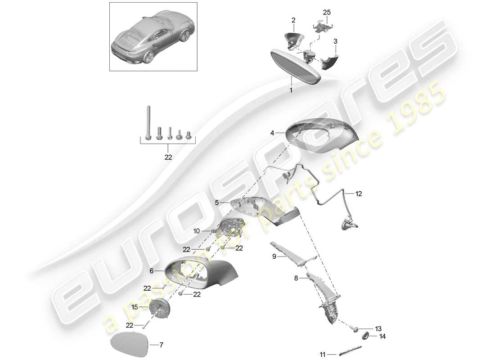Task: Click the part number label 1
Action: (291, 90)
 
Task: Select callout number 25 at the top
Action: (327, 11)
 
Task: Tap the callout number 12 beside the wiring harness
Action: (358, 194)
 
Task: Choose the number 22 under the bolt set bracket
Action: (168, 157)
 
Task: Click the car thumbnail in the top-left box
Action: (153, 36)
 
